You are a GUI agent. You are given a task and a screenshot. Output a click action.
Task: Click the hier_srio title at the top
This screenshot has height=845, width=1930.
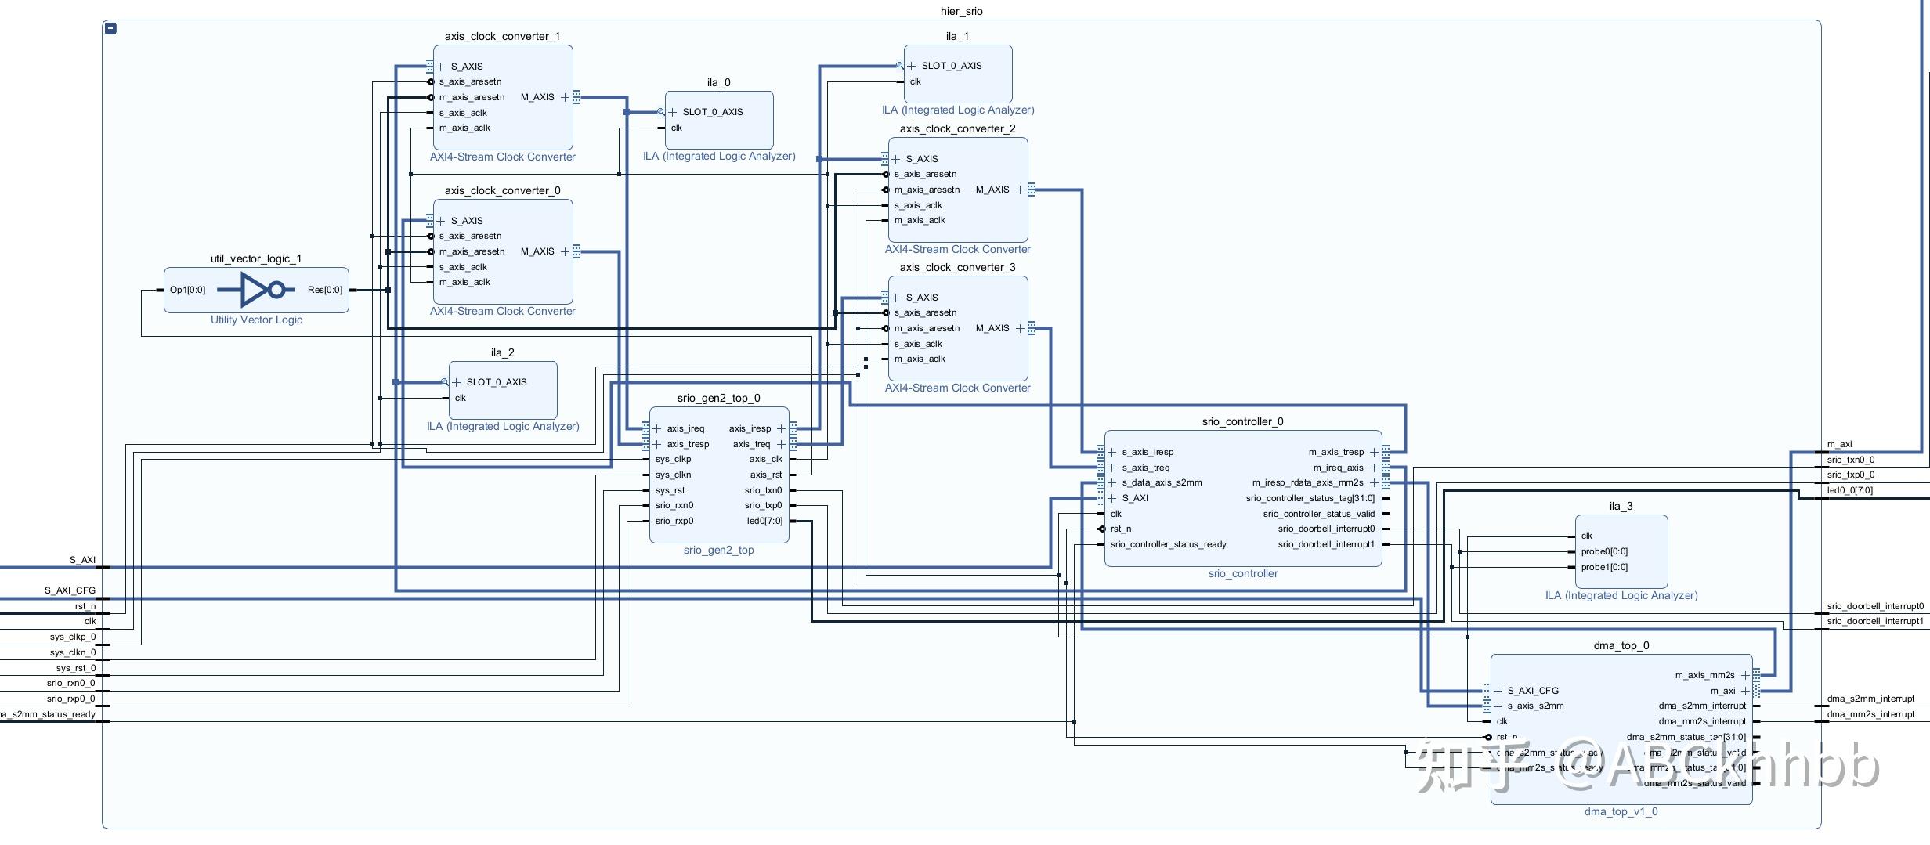point(961,11)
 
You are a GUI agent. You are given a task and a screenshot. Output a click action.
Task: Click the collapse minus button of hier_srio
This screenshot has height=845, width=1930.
point(111,28)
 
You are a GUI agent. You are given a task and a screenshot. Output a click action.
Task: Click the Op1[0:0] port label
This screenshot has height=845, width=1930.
point(187,290)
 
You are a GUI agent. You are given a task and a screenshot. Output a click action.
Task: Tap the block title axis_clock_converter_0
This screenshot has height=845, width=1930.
point(502,190)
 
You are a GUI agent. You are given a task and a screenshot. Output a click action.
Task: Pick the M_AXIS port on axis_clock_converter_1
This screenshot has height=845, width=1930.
point(537,97)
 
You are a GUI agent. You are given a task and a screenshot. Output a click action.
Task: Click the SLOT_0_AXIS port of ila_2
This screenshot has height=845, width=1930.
point(496,382)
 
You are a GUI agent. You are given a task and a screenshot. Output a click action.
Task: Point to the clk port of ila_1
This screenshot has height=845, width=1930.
point(916,81)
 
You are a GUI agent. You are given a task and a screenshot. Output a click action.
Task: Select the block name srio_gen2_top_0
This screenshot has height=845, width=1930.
point(718,398)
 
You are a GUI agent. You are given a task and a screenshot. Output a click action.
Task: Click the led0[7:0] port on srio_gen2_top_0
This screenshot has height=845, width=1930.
point(764,521)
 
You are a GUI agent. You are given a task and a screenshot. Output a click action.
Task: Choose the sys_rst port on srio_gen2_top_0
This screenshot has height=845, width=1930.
point(670,490)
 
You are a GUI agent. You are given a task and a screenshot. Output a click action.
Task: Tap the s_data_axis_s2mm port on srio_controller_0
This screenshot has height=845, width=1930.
point(1162,482)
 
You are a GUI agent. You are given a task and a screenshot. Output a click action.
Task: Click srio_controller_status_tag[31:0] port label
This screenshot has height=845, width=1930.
point(1310,498)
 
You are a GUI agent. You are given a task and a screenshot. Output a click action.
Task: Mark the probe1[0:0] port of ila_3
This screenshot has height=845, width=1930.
point(1604,567)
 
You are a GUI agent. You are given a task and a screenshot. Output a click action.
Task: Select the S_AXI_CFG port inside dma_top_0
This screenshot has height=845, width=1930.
point(1532,691)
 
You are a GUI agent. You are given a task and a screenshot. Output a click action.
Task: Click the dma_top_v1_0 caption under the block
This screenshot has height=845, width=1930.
point(1621,811)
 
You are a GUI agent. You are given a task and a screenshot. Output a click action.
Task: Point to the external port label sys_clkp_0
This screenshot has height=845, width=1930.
point(72,637)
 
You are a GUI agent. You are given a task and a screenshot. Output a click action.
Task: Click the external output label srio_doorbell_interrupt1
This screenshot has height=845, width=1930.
point(1875,621)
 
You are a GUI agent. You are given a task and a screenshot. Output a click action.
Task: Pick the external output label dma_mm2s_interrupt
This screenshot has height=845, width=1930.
point(1870,714)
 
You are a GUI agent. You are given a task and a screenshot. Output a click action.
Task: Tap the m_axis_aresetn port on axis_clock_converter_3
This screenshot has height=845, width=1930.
point(927,328)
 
